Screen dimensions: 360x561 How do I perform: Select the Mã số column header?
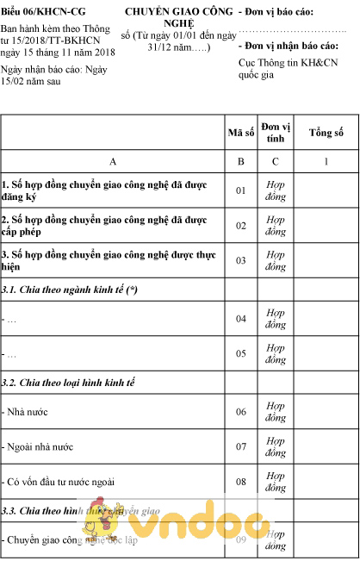pyautogui.click(x=240, y=133)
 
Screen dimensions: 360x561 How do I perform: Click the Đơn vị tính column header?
pyautogui.click(x=276, y=133)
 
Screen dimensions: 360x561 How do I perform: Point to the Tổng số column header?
pyautogui.click(x=326, y=133)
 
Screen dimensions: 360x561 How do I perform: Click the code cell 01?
pyautogui.click(x=241, y=190)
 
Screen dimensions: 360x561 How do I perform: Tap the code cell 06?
pyautogui.click(x=241, y=411)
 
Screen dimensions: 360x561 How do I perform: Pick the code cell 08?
pyautogui.click(x=241, y=481)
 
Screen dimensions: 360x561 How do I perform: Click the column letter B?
pyautogui.click(x=241, y=161)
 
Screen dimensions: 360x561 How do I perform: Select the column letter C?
pyautogui.click(x=276, y=161)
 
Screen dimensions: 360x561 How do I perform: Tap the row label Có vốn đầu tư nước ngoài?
pyautogui.click(x=59, y=482)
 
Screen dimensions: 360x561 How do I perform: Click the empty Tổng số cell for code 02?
pyautogui.click(x=326, y=225)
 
